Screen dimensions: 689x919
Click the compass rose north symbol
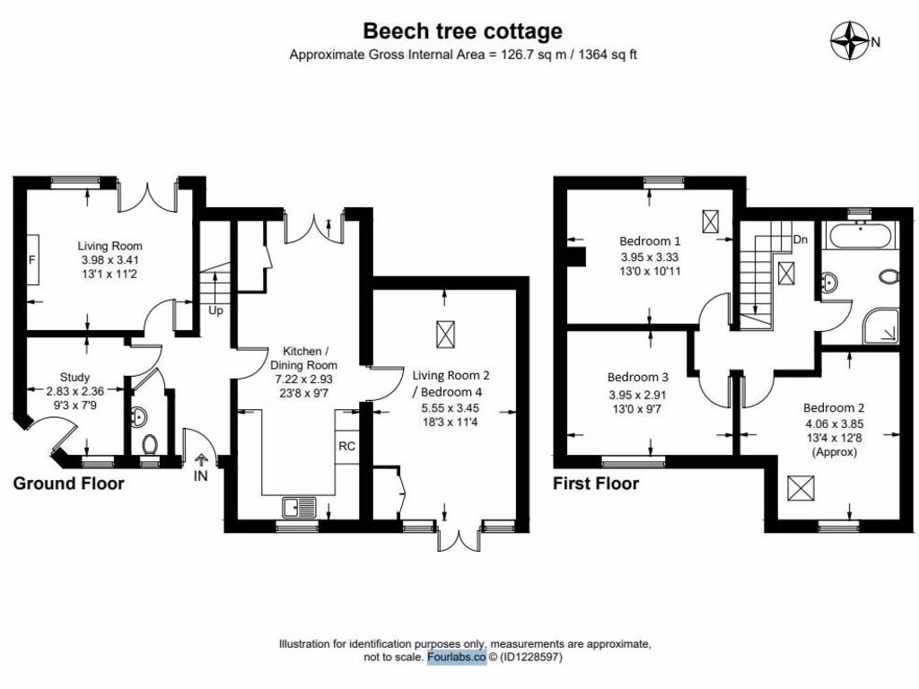pyautogui.click(x=852, y=40)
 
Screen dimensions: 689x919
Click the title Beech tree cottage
pyautogui.click(x=462, y=31)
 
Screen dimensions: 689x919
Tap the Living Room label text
pyautogui.click(x=109, y=246)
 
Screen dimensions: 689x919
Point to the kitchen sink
pyautogui.click(x=297, y=509)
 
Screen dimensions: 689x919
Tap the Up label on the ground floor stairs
pyautogui.click(x=215, y=311)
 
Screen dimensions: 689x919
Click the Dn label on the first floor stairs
pyautogui.click(x=800, y=240)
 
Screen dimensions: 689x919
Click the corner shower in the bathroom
pyautogui.click(x=882, y=328)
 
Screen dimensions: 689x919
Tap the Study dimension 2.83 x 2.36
pyautogui.click(x=75, y=391)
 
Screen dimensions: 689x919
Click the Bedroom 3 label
pyautogui.click(x=638, y=377)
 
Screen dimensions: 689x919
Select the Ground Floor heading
pyautogui.click(x=68, y=484)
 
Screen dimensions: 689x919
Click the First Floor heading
pyautogui.click(x=596, y=484)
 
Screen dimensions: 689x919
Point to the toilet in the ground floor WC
pyautogui.click(x=150, y=442)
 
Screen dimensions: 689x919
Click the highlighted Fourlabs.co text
pyautogui.click(x=456, y=658)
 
